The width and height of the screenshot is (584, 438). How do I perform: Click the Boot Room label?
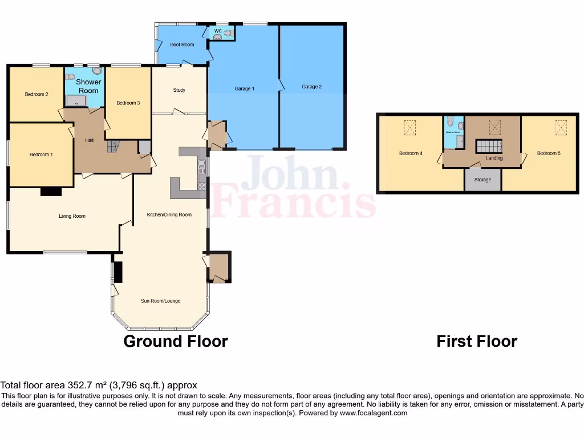click(182, 44)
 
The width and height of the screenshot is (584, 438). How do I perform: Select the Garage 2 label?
click(312, 87)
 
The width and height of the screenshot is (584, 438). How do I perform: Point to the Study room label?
click(179, 90)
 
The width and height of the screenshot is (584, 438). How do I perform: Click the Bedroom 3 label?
click(128, 103)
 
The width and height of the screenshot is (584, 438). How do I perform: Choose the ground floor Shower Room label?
click(88, 86)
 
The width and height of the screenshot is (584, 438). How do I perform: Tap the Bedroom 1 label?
click(41, 154)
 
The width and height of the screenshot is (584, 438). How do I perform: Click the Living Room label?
click(72, 216)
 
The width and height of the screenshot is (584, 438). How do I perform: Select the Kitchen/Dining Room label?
click(169, 215)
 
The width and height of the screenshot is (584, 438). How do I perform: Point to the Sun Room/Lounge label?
click(160, 301)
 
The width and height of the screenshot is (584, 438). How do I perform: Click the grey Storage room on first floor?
click(482, 180)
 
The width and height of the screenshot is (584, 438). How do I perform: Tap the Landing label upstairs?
click(494, 158)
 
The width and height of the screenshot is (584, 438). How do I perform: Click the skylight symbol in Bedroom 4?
click(409, 127)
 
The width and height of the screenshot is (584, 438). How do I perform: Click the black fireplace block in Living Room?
click(51, 192)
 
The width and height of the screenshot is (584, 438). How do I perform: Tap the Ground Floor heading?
click(176, 342)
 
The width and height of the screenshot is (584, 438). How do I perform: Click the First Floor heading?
click(477, 342)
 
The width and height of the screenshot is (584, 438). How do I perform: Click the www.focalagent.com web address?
click(373, 413)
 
